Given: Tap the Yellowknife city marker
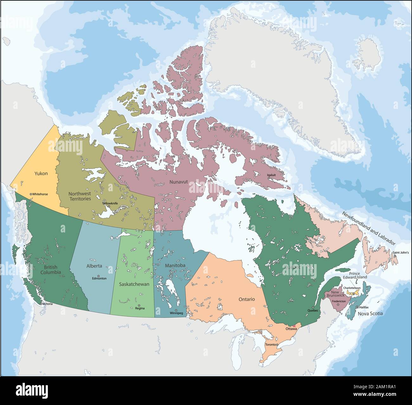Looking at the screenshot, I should point(109,206).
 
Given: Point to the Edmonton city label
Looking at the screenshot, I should point(99,279).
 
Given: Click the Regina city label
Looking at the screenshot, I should point(139,308).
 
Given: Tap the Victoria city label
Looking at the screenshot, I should point(47,304).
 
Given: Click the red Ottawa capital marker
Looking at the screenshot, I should point(294,326).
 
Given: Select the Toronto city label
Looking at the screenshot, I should point(270,345).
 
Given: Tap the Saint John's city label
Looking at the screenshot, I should point(400,253).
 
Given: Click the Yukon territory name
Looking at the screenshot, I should point(41,174).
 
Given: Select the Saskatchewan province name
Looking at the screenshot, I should point(134,284).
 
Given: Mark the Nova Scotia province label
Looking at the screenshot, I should point(370,313).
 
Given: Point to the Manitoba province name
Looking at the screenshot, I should point(175,265).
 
